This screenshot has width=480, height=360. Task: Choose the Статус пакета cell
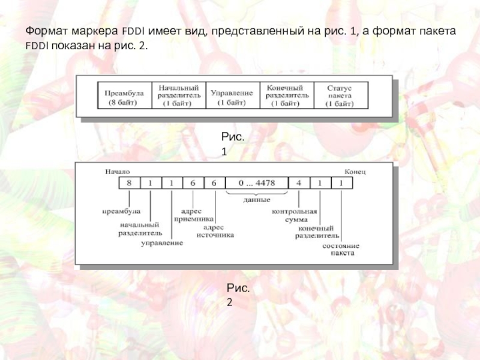[340, 96]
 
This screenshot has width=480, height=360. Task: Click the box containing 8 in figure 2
[129, 182]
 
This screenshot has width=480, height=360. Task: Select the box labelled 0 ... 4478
[256, 182]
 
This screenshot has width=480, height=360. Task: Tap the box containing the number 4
[298, 182]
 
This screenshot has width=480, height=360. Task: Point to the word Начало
[118, 171]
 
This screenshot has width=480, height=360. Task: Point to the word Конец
[355, 171]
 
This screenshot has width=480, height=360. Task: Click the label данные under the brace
[257, 199]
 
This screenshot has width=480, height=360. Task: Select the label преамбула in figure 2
[121, 211]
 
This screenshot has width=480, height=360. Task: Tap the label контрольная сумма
[294, 215]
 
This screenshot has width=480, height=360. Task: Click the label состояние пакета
[341, 249]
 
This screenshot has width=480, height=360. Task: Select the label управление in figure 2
[162, 243]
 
